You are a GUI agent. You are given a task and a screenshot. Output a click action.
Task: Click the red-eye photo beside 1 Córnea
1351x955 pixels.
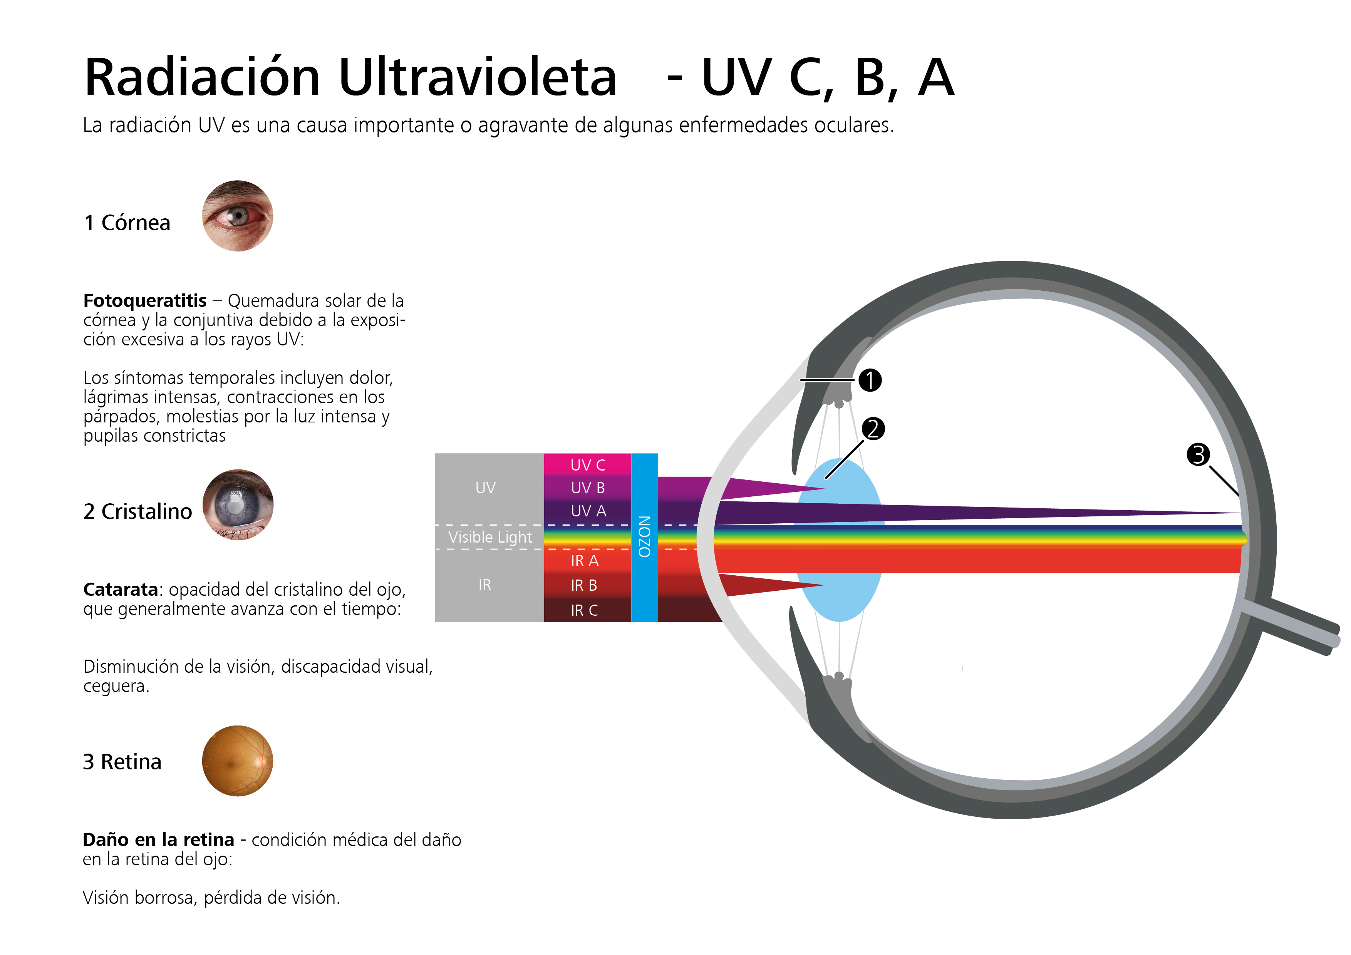pos(237,216)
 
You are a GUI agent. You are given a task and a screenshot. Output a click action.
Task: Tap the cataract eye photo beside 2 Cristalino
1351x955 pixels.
pos(238,505)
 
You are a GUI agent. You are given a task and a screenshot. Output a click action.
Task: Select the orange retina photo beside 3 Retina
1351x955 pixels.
pos(237,761)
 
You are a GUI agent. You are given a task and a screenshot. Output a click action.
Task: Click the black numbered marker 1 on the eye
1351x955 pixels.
pos(870,380)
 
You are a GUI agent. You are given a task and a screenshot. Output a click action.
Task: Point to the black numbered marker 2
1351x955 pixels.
pos(873,429)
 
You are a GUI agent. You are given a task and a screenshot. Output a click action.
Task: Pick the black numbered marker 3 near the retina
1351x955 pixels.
pos(1198,454)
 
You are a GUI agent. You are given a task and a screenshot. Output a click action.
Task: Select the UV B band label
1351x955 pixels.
pos(588,488)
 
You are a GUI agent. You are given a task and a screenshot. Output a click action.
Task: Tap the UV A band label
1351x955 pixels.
pos(588,511)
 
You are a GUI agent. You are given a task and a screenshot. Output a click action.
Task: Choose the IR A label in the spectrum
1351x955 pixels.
pos(584,561)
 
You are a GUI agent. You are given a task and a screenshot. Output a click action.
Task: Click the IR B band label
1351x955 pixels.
pos(584,585)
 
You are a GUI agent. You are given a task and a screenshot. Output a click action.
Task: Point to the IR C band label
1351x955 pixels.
pos(584,611)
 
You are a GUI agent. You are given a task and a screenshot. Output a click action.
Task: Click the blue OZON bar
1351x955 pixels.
pos(644,537)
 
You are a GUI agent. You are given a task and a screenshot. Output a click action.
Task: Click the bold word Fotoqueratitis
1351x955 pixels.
pos(145,301)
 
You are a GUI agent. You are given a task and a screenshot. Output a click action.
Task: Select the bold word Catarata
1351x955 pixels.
pos(121,589)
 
